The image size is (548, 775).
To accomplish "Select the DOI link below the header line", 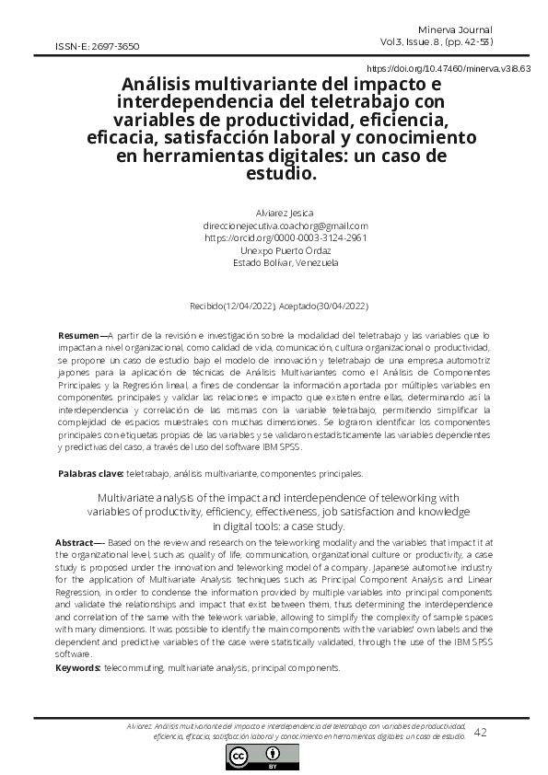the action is [x=449, y=69].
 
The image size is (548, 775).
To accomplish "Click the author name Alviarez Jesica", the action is [x=284, y=214].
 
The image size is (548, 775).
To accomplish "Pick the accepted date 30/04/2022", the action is [x=340, y=305].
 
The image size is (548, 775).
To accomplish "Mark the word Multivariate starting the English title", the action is [x=123, y=498].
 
